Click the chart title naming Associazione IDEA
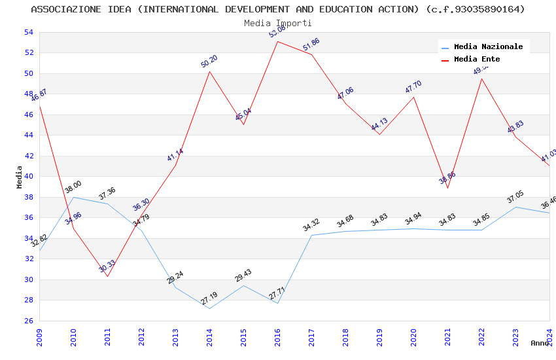(278, 9)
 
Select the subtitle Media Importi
(278, 23)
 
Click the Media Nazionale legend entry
(488, 46)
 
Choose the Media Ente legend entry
(477, 59)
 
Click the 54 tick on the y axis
(28, 32)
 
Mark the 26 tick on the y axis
(28, 321)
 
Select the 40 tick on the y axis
(28, 177)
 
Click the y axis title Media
(20, 177)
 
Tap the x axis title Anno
(540, 343)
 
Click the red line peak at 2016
(277, 41)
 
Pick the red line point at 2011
(107, 276)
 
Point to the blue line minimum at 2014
(209, 308)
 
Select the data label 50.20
(209, 62)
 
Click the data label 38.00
(73, 187)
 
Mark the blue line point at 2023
(515, 207)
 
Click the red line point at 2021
(447, 188)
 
